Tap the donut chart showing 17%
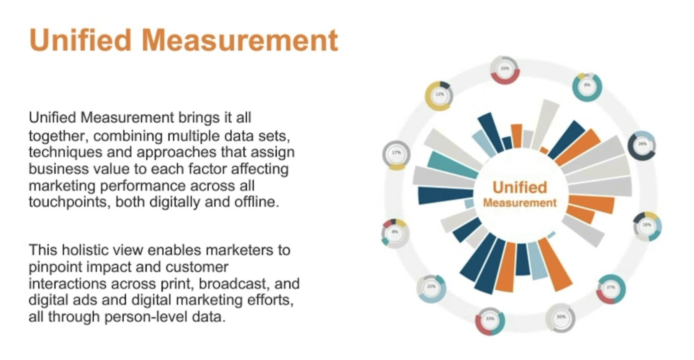396,154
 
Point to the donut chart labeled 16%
647,226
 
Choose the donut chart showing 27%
610,289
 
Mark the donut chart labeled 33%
490,320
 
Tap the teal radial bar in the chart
453,165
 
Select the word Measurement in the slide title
240,40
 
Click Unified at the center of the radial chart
520,188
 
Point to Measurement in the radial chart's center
520,203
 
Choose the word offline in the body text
256,202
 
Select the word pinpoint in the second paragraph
55,267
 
